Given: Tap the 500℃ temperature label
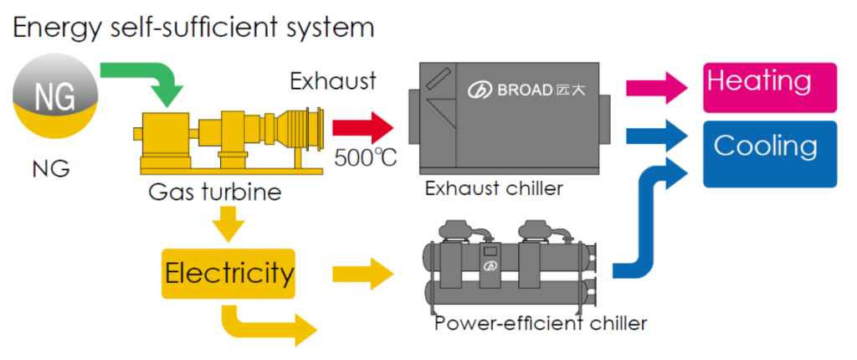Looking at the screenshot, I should (366, 157).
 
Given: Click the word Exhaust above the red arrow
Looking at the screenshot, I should (333, 82).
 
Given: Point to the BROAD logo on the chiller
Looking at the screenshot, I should (527, 90).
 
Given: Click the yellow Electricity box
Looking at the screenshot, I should (229, 273).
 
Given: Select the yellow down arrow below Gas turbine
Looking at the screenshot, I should (228, 224).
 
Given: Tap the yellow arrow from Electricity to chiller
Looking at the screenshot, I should (362, 273).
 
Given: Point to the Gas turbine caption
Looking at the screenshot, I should (215, 193).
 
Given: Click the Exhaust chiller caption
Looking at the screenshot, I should (494, 188).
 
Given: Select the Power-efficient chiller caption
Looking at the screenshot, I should (541, 322).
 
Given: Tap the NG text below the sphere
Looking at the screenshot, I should (51, 170).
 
